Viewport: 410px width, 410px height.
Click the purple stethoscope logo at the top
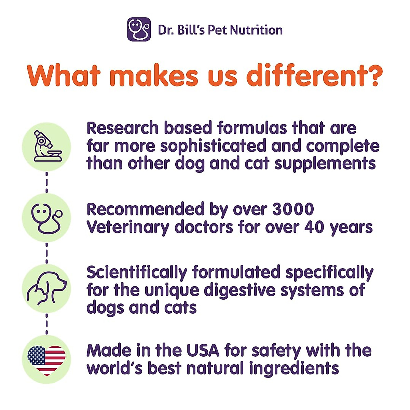(x=139, y=29)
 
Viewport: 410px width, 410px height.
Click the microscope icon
(x=46, y=147)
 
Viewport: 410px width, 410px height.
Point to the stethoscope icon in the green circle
(x=46, y=218)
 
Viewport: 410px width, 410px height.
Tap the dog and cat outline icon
(x=46, y=289)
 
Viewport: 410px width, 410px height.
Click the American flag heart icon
(x=46, y=360)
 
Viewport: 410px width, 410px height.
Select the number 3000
(x=293, y=209)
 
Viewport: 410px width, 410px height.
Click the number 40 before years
(x=314, y=227)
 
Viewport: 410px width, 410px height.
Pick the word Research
(x=122, y=128)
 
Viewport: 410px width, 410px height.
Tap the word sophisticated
(x=213, y=146)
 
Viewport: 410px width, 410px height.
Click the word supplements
(x=325, y=164)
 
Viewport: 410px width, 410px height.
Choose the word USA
(x=203, y=351)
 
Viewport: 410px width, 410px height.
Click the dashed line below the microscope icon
(x=46, y=182)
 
